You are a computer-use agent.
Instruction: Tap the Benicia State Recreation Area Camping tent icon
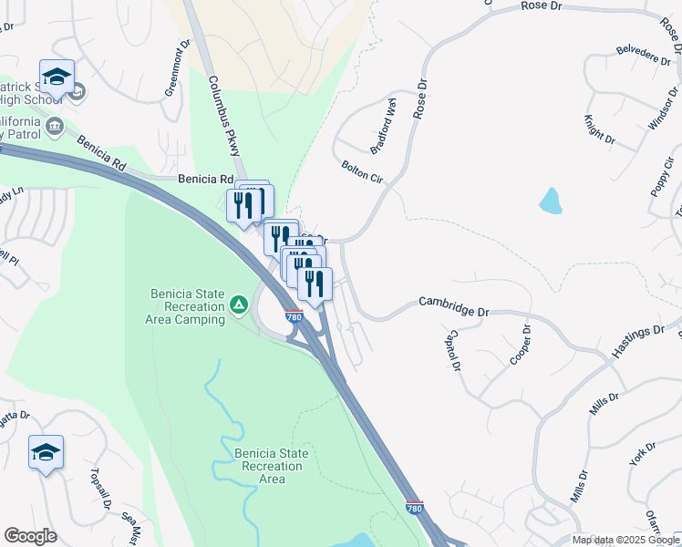[x=239, y=304]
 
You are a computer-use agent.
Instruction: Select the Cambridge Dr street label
[x=453, y=305]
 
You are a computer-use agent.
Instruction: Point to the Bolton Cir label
[x=362, y=171]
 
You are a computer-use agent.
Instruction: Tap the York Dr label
[x=643, y=453]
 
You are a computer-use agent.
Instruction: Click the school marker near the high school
[x=57, y=77]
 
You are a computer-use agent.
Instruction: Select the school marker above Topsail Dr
[x=46, y=451]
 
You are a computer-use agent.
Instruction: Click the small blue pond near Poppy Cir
[x=550, y=201]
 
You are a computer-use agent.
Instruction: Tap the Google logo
[x=30, y=536]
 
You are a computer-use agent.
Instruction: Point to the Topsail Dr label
[x=99, y=490]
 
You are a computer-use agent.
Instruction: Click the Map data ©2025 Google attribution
[x=626, y=540]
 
